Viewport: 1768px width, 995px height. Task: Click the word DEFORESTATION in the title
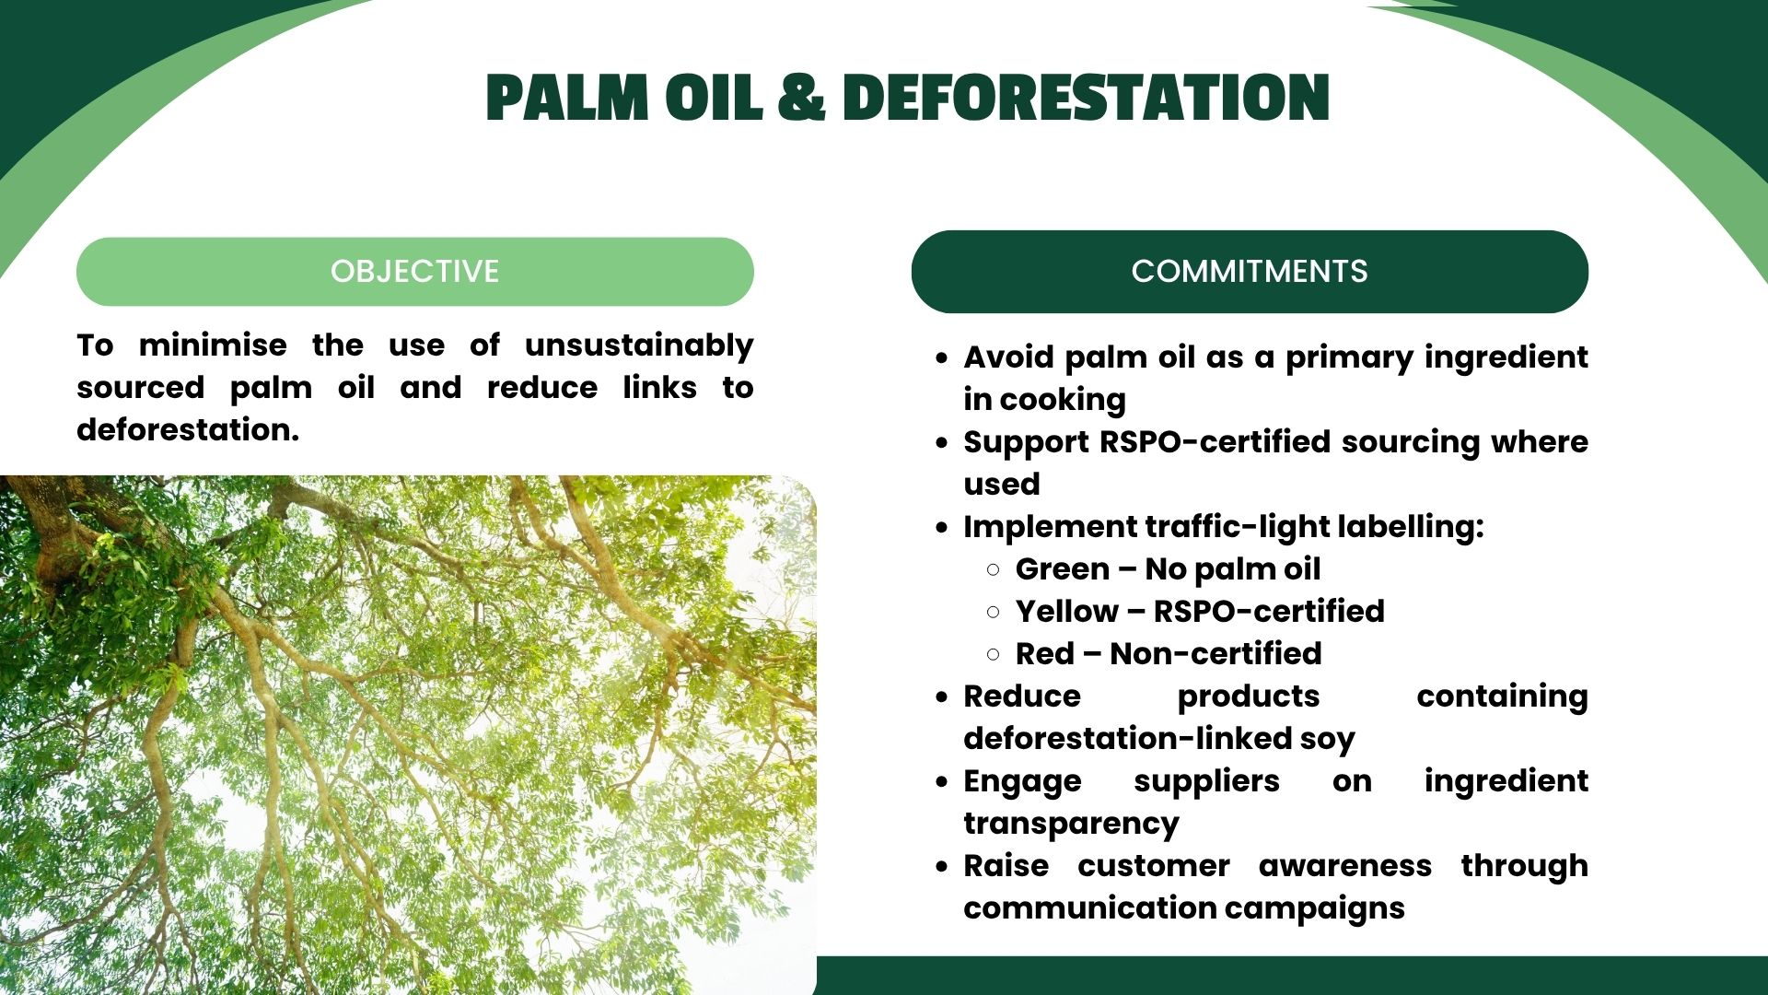tap(1086, 98)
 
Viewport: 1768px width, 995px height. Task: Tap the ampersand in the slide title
tap(801, 98)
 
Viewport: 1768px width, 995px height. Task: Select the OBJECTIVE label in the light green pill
tap(415, 271)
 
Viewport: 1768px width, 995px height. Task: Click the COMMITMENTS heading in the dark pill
tap(1250, 271)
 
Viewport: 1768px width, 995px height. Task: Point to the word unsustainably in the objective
tap(639, 346)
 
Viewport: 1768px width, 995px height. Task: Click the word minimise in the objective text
tap(213, 345)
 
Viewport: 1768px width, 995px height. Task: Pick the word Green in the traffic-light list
tap(1063, 569)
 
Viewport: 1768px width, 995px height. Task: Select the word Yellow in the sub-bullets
tap(1067, 612)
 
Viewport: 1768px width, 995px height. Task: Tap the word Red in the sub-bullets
tap(1045, 654)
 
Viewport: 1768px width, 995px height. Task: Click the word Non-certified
tap(1215, 654)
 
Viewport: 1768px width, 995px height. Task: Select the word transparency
tap(1071, 825)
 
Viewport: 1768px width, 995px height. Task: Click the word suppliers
tap(1206, 782)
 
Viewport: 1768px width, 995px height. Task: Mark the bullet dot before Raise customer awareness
tap(941, 867)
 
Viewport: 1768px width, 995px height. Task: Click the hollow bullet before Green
tap(993, 569)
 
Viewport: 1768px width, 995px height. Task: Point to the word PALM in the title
tap(567, 98)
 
